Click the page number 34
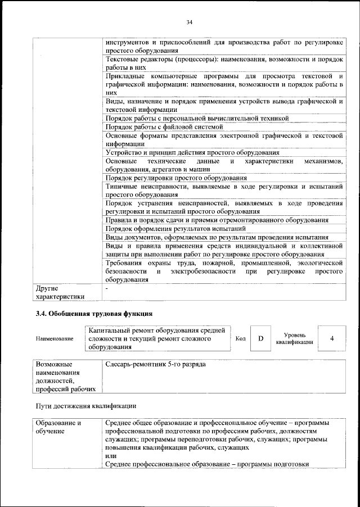coord(189,22)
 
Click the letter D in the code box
coord(260,338)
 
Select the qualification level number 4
coord(332,338)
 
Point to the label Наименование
coord(55,339)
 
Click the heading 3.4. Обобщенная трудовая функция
coord(93,313)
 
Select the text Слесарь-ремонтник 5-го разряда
coord(155,364)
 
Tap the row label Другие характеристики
coord(60,292)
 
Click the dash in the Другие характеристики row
coord(107,288)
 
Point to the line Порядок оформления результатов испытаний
coord(175,228)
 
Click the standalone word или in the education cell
coord(111,455)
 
